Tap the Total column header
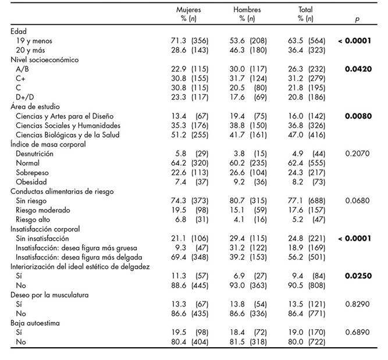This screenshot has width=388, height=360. pyautogui.click(x=305, y=10)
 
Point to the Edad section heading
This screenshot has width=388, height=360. pyautogui.click(x=19, y=31)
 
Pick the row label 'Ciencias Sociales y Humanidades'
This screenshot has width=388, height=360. pyautogui.click(x=60, y=125)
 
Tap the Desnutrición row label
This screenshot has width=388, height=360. pyautogui.click(x=35, y=154)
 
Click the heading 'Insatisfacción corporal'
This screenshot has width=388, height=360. pyautogui.click(x=45, y=229)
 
